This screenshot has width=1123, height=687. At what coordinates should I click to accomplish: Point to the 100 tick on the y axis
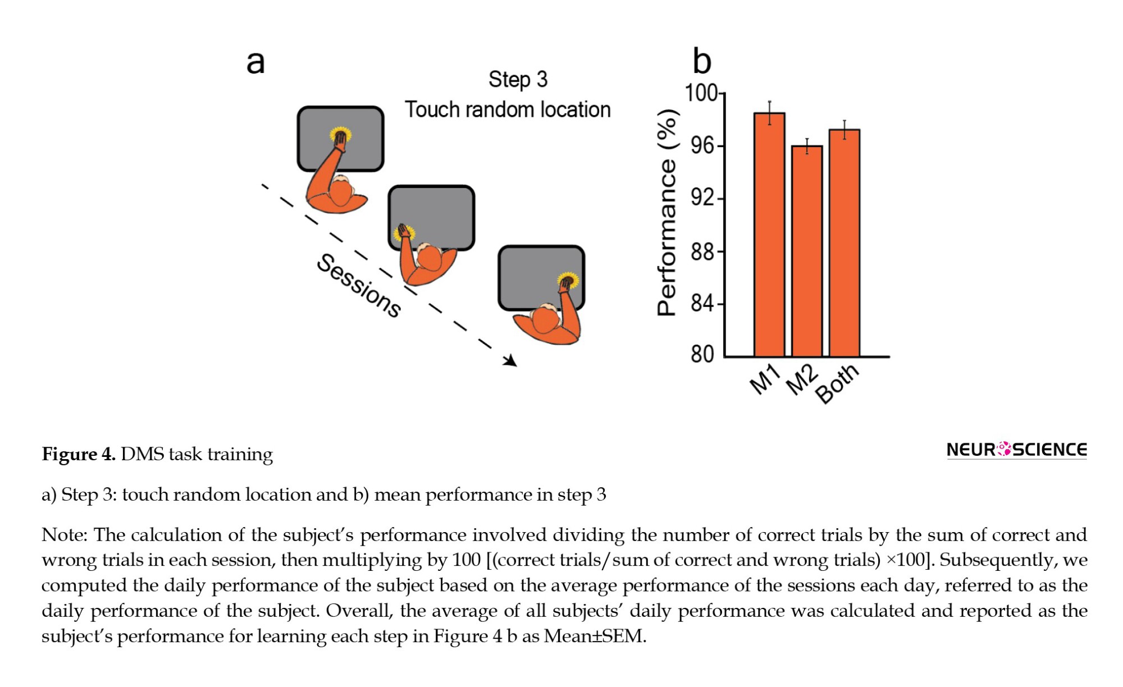pos(701,93)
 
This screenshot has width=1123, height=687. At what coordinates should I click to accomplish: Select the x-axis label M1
pos(765,379)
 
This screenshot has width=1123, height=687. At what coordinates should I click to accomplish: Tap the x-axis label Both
pos(837,383)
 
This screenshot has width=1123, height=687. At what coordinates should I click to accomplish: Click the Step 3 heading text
pos(518,80)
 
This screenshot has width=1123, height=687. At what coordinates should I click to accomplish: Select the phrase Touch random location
pos(508,109)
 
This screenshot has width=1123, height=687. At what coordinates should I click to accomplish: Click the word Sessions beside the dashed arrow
pos(359,286)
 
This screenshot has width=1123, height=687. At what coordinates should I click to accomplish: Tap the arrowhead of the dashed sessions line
pos(510,361)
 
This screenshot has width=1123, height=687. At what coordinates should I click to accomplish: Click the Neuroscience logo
pos(1016,450)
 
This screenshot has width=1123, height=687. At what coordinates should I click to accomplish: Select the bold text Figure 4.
pos(79,454)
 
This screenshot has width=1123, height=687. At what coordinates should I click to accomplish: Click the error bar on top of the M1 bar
pos(770,107)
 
